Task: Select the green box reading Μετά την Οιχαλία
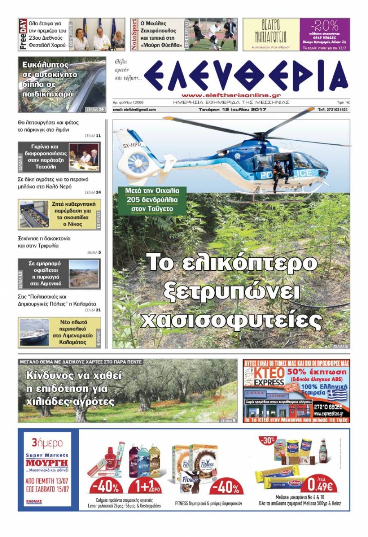(x=150, y=200)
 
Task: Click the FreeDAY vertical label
(x=23, y=34)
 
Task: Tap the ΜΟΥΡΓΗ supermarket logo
(x=47, y=463)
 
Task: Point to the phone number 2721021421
(x=333, y=110)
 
